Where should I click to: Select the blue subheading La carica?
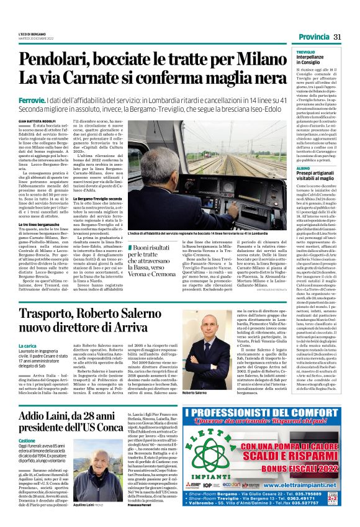click(27, 345)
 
